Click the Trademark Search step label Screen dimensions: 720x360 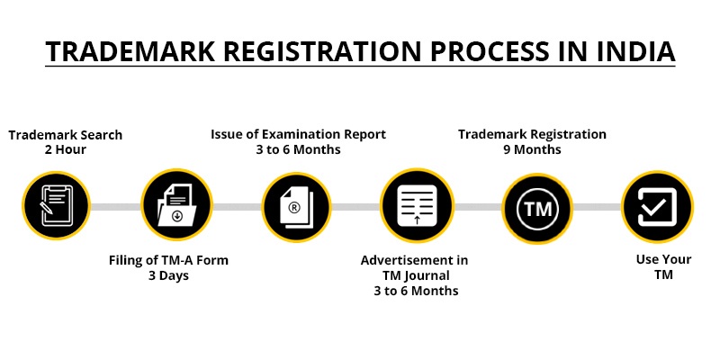[x=66, y=135]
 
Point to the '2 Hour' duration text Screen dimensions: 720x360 [x=66, y=149]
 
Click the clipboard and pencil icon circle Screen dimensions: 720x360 [x=56, y=207]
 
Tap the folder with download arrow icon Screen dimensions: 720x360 [x=175, y=207]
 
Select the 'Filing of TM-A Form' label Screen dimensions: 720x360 [x=168, y=261]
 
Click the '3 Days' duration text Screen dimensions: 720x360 [x=168, y=275]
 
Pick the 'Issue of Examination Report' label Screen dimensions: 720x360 [x=298, y=134]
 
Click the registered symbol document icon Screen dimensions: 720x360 [x=296, y=207]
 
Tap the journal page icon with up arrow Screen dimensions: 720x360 [x=416, y=207]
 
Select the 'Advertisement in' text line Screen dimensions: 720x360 [x=414, y=260]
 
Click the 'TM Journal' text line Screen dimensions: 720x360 [x=414, y=275]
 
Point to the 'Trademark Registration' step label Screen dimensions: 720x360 [x=532, y=134]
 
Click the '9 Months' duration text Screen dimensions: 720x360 [x=532, y=149]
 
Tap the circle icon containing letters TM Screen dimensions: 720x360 [x=536, y=207]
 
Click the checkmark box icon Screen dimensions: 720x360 [x=657, y=207]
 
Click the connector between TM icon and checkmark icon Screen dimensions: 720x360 [x=597, y=207]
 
